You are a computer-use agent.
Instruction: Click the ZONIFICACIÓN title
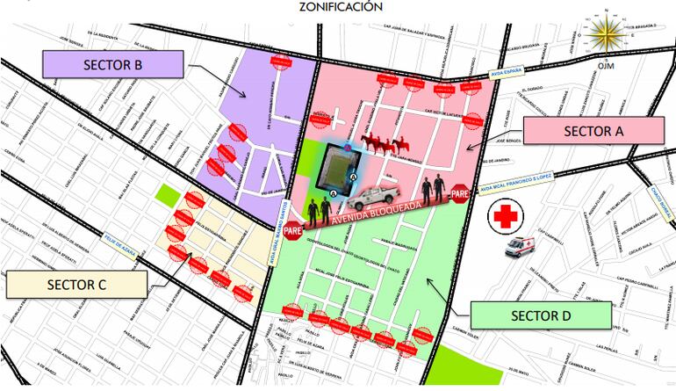[342, 6]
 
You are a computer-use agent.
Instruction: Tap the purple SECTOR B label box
[111, 64]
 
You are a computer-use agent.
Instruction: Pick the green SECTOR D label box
[538, 315]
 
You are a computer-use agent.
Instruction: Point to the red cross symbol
[505, 216]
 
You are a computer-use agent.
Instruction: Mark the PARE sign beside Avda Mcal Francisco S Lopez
[459, 193]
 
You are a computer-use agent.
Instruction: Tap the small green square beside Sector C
[165, 194]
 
